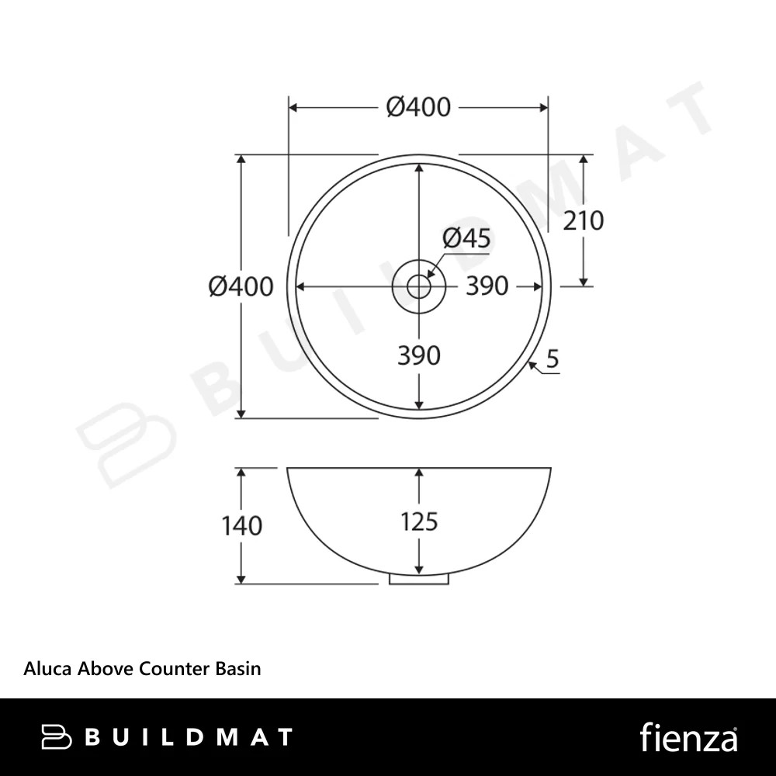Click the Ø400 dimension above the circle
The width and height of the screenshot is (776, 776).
418,107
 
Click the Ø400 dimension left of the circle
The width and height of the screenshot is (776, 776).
241,286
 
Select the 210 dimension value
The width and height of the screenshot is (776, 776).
584,220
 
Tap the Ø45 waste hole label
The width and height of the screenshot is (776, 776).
466,238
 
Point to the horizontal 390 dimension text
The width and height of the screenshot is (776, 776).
487,286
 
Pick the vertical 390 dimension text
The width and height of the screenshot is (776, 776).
419,355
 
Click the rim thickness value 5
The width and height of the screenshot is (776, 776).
553,359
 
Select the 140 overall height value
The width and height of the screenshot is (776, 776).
241,525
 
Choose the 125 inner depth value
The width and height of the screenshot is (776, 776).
419,522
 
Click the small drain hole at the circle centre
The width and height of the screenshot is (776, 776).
419,286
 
